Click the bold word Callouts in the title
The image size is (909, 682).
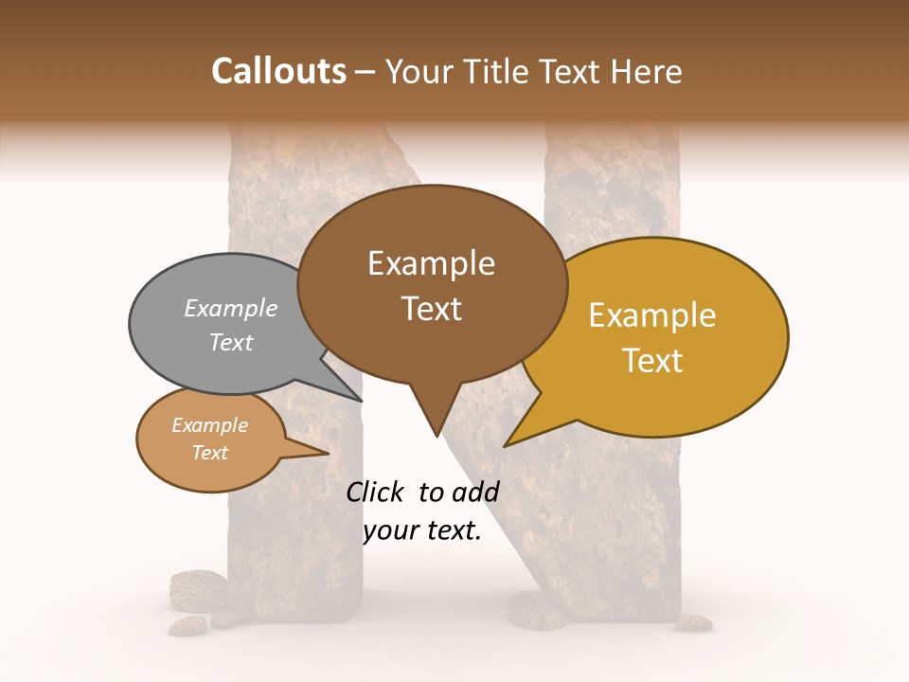278,71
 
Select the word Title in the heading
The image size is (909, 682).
499,71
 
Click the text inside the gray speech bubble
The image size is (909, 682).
231,325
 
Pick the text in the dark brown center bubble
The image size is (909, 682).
431,285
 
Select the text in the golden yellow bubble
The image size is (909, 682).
652,337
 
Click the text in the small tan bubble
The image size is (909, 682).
209,439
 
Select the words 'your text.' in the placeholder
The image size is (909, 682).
422,530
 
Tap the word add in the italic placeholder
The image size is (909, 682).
475,492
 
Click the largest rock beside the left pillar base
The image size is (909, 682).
195,586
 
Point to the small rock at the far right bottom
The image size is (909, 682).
694,622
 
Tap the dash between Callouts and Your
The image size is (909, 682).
365,71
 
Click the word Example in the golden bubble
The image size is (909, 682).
652,315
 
